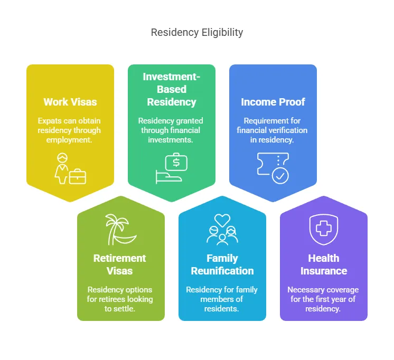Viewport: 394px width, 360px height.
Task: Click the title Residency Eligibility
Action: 197,32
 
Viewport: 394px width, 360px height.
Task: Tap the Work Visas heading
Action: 70,102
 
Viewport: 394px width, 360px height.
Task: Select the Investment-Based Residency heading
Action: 171,89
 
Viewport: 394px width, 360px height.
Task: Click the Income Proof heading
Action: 273,102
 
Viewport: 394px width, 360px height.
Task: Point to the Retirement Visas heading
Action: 120,264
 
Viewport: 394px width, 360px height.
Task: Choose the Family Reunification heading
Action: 222,264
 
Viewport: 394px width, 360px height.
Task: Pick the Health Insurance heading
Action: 324,264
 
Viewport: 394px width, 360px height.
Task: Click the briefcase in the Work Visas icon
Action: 78,176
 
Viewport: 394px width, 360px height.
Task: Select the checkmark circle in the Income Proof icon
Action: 280,175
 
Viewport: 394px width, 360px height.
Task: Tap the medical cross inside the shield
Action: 324,229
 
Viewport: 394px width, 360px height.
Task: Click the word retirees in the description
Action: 116,299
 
